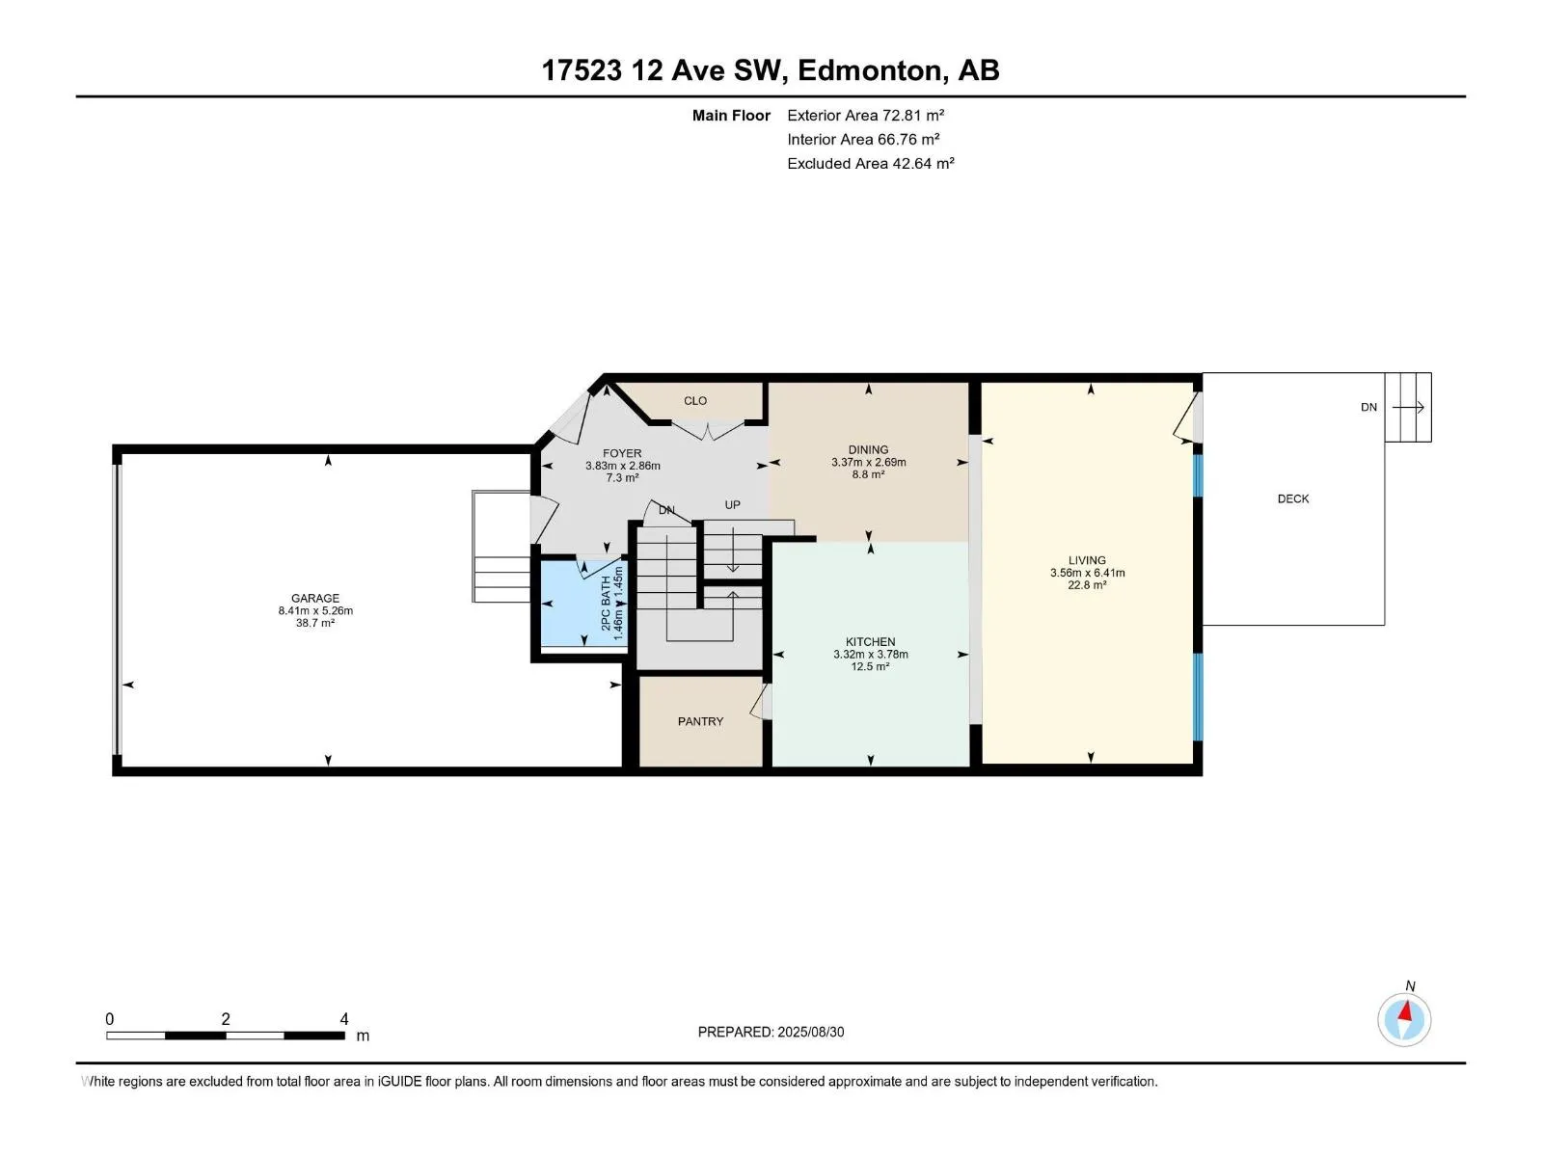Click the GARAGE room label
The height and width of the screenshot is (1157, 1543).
coord(315,599)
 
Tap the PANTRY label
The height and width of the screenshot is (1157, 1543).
coord(700,721)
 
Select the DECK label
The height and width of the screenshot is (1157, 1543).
coord(1293,498)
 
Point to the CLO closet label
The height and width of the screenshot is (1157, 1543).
coord(695,400)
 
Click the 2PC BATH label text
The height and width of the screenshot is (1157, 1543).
coord(606,604)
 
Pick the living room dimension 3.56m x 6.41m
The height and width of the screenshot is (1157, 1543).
coord(1088,573)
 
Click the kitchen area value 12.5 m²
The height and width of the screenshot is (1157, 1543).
coord(870,666)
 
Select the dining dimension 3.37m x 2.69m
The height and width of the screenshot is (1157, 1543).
coord(869,462)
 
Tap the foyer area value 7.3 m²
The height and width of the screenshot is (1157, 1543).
coord(622,477)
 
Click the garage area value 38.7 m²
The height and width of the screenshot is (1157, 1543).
coord(315,623)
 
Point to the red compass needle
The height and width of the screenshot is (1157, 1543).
coord(1405,1012)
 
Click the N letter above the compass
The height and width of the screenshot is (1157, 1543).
coord(1410,986)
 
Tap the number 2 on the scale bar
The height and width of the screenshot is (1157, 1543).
coord(226,1019)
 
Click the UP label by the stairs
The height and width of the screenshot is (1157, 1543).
coord(733,505)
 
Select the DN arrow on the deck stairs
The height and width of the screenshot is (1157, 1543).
coord(1408,407)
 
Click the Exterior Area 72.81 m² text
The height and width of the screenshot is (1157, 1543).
coord(865,115)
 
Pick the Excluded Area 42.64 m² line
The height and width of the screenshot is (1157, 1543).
coord(870,164)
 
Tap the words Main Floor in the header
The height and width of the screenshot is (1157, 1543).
coord(731,115)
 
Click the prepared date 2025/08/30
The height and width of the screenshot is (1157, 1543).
coord(810,1032)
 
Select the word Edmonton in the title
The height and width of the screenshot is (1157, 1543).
coord(870,70)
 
